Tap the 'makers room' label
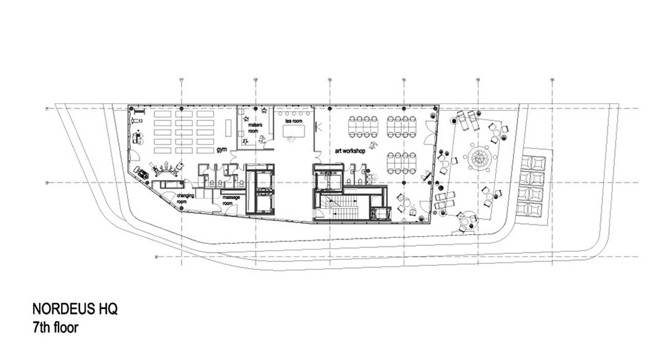pos(254,128)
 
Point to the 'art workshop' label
pos(349,151)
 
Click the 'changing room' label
pos(185,198)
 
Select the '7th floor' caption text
pos(57,328)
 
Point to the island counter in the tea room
pos(294,132)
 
